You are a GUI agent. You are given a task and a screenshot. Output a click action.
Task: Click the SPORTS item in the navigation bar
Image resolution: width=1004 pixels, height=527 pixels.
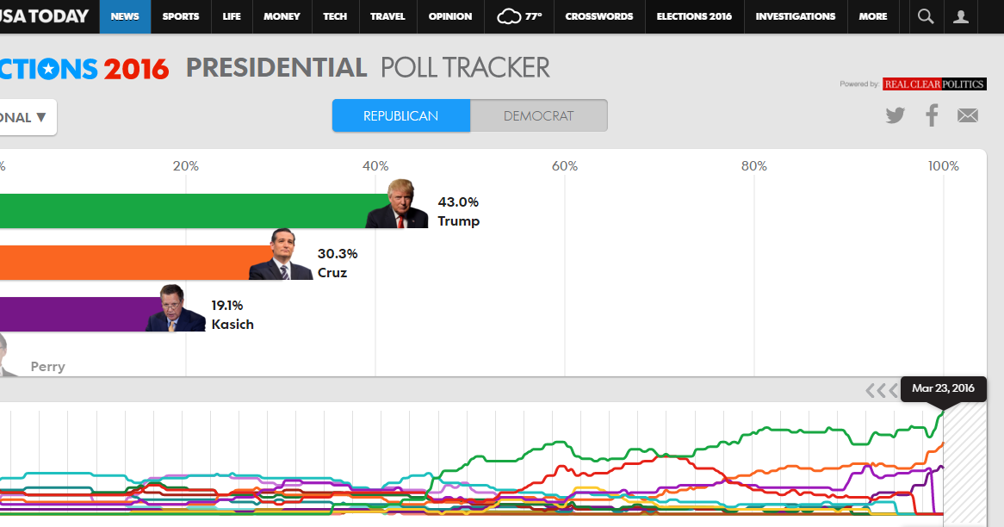point(180,16)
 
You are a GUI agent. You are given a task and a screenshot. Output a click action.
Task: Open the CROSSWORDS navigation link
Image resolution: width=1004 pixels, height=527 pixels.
point(598,16)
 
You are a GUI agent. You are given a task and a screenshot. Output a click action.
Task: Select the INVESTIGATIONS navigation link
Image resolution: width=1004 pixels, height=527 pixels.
point(795,16)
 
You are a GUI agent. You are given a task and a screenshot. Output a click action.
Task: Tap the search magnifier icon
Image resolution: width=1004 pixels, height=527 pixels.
point(926,16)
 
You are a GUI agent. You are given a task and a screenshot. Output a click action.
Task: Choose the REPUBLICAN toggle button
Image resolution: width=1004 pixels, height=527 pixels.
point(400,116)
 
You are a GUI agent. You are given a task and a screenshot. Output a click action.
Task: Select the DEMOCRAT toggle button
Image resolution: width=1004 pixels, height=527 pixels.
point(538,116)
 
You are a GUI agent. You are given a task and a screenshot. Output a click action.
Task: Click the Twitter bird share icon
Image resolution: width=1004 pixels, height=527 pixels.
point(896,115)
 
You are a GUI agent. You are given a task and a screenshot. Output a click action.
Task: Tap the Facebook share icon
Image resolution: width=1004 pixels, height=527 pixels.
point(932,115)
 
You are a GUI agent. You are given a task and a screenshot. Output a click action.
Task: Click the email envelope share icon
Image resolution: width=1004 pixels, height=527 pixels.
point(968,115)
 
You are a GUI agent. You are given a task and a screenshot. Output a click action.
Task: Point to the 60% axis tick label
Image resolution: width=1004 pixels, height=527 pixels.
point(565,165)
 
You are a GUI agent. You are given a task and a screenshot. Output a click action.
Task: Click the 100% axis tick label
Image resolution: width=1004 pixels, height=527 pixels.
point(944,165)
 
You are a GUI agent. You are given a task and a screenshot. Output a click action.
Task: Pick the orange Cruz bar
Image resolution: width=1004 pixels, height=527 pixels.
point(129,263)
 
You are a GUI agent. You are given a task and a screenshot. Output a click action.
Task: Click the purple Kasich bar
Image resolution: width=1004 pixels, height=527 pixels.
point(77,314)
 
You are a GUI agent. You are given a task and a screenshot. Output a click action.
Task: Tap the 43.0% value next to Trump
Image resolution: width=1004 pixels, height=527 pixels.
point(458,202)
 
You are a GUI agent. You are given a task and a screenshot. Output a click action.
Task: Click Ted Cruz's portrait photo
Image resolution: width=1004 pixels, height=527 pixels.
point(281,255)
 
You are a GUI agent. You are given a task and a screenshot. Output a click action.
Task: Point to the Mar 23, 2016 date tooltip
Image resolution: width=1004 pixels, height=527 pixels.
point(943,388)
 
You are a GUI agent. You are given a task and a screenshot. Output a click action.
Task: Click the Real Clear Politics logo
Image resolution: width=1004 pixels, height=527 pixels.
point(934,84)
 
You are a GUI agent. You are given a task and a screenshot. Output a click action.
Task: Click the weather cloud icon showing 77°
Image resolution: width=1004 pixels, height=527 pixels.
point(510,16)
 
